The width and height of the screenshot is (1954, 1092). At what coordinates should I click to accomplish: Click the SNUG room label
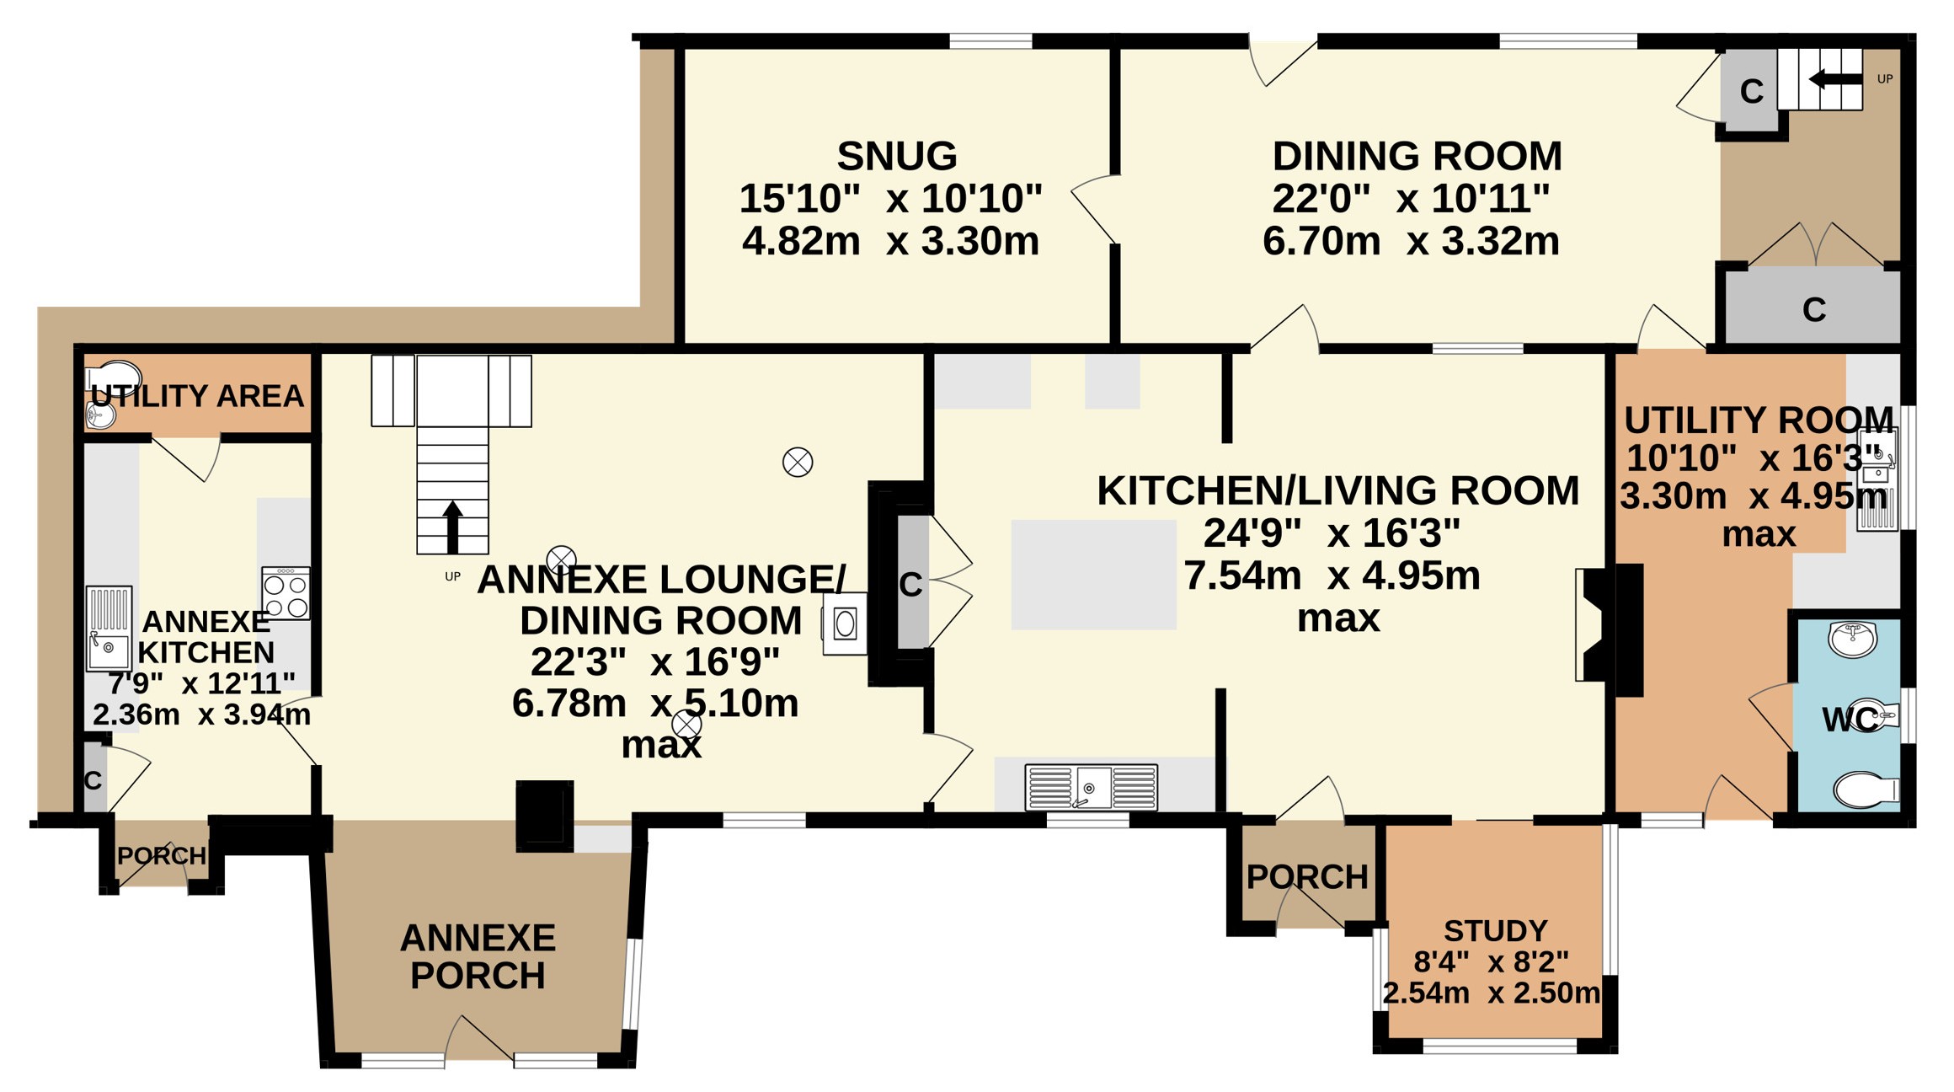[897, 156]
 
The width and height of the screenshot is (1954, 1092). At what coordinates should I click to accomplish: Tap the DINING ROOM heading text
[1417, 156]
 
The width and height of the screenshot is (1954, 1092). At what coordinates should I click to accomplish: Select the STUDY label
[1496, 931]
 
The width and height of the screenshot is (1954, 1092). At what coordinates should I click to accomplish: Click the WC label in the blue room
[1850, 720]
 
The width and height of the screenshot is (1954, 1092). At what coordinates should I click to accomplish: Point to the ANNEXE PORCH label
[478, 956]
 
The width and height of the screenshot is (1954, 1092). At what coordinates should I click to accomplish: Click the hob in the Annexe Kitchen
[286, 593]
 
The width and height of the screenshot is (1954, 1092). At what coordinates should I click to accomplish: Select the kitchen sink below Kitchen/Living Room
[1091, 787]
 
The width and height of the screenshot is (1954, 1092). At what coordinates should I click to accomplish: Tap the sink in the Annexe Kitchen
[109, 629]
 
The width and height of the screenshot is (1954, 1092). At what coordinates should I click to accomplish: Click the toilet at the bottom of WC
[1866, 790]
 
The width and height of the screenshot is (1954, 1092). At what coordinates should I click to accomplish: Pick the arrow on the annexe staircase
[452, 527]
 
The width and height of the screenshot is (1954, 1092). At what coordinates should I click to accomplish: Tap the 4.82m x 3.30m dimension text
[891, 241]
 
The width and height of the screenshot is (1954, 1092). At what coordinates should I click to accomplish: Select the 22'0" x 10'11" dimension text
[1411, 199]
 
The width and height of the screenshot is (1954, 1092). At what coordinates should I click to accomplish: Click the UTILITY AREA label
[197, 396]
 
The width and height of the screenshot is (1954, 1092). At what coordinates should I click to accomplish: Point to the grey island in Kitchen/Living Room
[1093, 575]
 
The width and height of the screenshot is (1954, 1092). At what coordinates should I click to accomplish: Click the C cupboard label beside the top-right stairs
[1751, 92]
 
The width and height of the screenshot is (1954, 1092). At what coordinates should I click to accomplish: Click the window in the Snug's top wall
[990, 41]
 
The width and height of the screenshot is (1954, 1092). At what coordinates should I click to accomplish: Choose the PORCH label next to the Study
[1307, 877]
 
